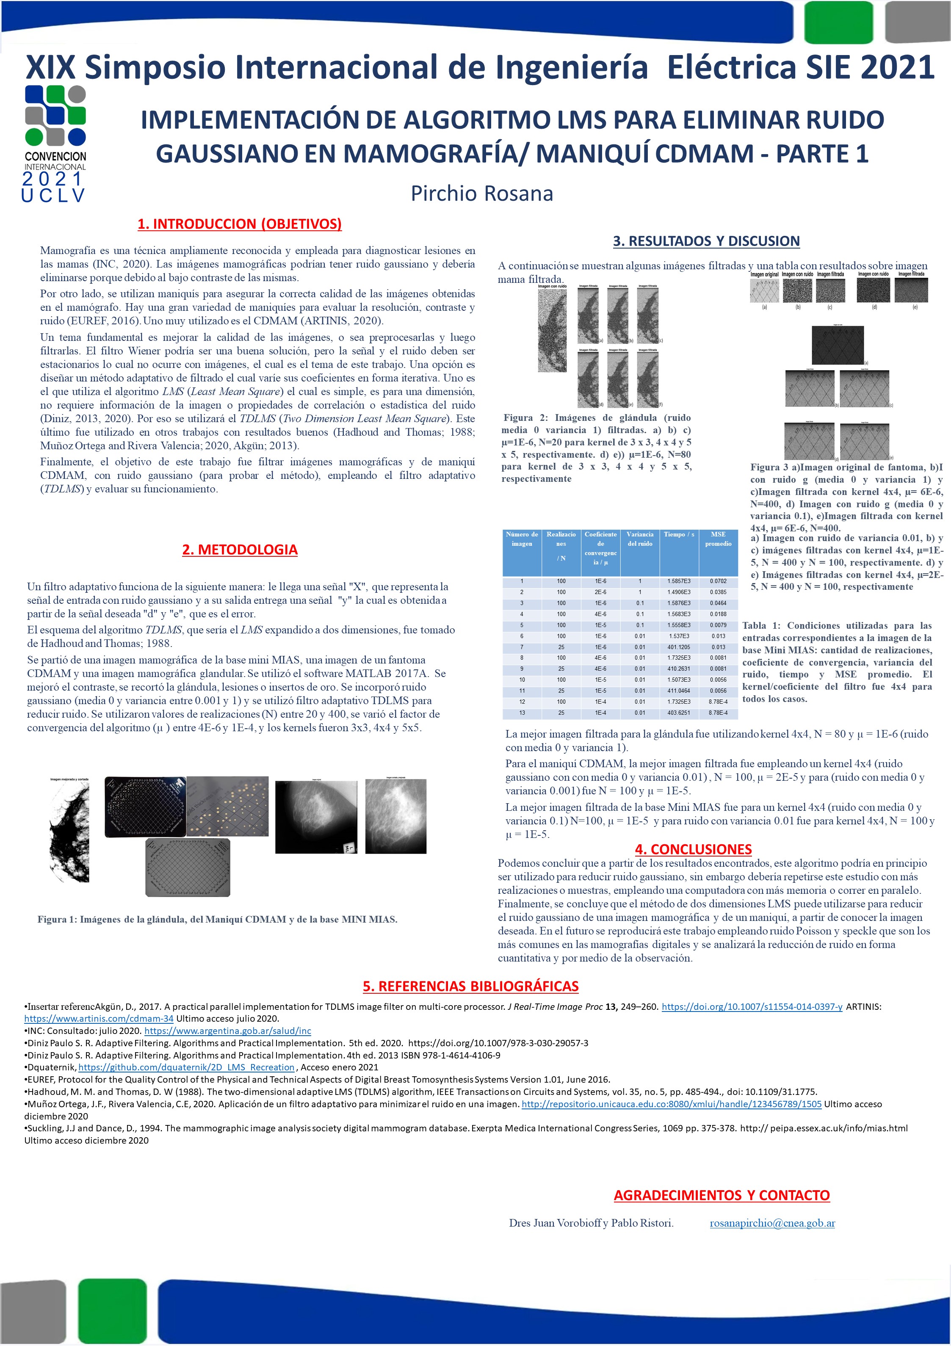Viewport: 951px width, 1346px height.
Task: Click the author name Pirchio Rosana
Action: tap(481, 193)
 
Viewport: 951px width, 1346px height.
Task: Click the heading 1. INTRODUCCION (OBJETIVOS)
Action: tap(239, 224)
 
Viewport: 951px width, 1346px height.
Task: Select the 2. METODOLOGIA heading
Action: tap(240, 549)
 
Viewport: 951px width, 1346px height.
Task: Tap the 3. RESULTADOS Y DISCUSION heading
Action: tap(706, 241)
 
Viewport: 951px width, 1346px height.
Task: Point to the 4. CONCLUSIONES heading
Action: tap(693, 849)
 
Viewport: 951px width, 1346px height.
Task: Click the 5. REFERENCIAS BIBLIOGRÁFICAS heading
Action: tap(470, 986)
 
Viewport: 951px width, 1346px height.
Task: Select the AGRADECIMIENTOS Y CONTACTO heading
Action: tap(721, 1195)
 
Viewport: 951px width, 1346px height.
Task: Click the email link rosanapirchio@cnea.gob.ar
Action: tap(772, 1223)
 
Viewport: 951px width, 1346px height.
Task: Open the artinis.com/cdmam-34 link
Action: tap(99, 1018)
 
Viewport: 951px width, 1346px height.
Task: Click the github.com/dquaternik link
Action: tap(186, 1067)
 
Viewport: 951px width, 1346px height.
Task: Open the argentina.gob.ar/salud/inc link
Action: tap(227, 1031)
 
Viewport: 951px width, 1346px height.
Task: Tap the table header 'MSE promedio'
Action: tap(718, 539)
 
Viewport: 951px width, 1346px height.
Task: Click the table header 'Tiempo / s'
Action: tap(678, 535)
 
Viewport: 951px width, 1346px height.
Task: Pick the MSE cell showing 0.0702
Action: tap(718, 581)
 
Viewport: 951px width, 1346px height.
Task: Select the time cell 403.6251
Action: tap(678, 713)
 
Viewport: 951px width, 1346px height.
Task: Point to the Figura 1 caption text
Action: tap(217, 919)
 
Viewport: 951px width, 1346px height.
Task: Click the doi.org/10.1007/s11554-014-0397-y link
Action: tap(752, 1006)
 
